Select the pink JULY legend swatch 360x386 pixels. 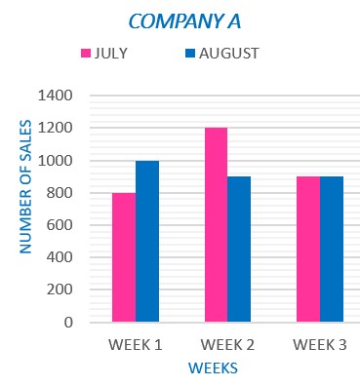(x=85, y=53)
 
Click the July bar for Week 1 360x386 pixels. (x=124, y=257)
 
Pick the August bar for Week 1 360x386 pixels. (x=147, y=241)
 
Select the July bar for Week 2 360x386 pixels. (x=216, y=224)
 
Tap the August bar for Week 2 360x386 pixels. (x=239, y=249)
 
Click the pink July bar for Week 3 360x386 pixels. (x=308, y=249)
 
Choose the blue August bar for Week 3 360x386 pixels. (x=332, y=249)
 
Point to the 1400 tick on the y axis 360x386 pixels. (x=56, y=96)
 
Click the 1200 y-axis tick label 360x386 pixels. (x=56, y=129)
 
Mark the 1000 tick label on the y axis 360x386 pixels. (x=56, y=161)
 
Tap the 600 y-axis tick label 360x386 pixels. (x=60, y=225)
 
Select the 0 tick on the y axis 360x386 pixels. (x=69, y=322)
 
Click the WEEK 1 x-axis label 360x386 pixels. (x=136, y=344)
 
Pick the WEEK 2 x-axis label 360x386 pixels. (x=227, y=344)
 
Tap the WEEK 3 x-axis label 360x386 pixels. (x=319, y=344)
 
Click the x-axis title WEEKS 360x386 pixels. (x=213, y=368)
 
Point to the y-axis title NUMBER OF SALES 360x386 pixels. (x=26, y=187)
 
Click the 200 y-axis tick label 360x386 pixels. (x=60, y=289)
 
